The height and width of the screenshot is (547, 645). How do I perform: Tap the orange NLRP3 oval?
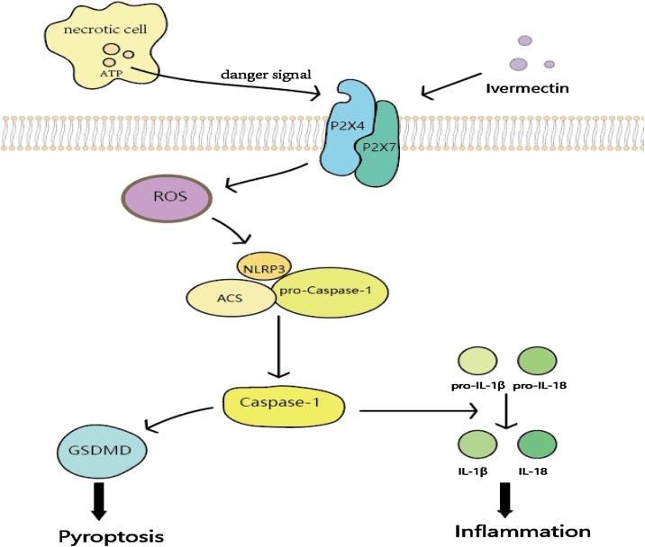coord(264,266)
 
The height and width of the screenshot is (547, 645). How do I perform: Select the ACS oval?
coord(231,298)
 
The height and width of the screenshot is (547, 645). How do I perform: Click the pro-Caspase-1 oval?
coord(332,292)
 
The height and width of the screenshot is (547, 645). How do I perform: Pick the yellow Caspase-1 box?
coord(284,405)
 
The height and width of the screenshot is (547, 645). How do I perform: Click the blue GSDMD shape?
coord(102,451)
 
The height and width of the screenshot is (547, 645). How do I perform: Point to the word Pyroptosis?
coord(111,536)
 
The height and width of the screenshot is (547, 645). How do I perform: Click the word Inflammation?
coord(522,532)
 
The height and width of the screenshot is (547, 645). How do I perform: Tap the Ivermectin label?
coord(527,88)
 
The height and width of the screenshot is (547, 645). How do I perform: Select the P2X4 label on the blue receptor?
coord(348,126)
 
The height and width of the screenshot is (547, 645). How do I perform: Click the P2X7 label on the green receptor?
coord(378,147)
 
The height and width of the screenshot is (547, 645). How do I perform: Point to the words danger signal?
coord(266,75)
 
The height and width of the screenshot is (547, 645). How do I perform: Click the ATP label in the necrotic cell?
coord(111,74)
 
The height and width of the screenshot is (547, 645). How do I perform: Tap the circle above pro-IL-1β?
coord(477,361)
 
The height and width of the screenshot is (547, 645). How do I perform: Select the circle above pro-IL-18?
coord(537,361)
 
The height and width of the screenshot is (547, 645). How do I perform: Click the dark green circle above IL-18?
coord(537,444)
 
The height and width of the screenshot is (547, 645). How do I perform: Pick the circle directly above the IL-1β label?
coord(477,444)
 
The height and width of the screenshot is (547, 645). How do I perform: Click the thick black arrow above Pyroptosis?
coord(100,501)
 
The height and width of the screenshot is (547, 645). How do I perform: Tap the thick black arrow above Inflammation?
coord(505,500)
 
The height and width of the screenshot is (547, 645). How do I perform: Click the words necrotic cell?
coord(105,29)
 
